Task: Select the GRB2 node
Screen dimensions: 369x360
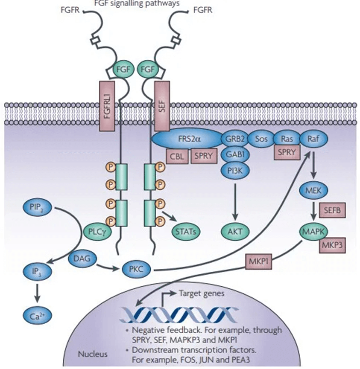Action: pyautogui.click(x=231, y=139)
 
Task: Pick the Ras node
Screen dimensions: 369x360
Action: pyautogui.click(x=287, y=139)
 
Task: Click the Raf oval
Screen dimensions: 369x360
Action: pyautogui.click(x=313, y=139)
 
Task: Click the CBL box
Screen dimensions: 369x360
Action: pyautogui.click(x=177, y=156)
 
